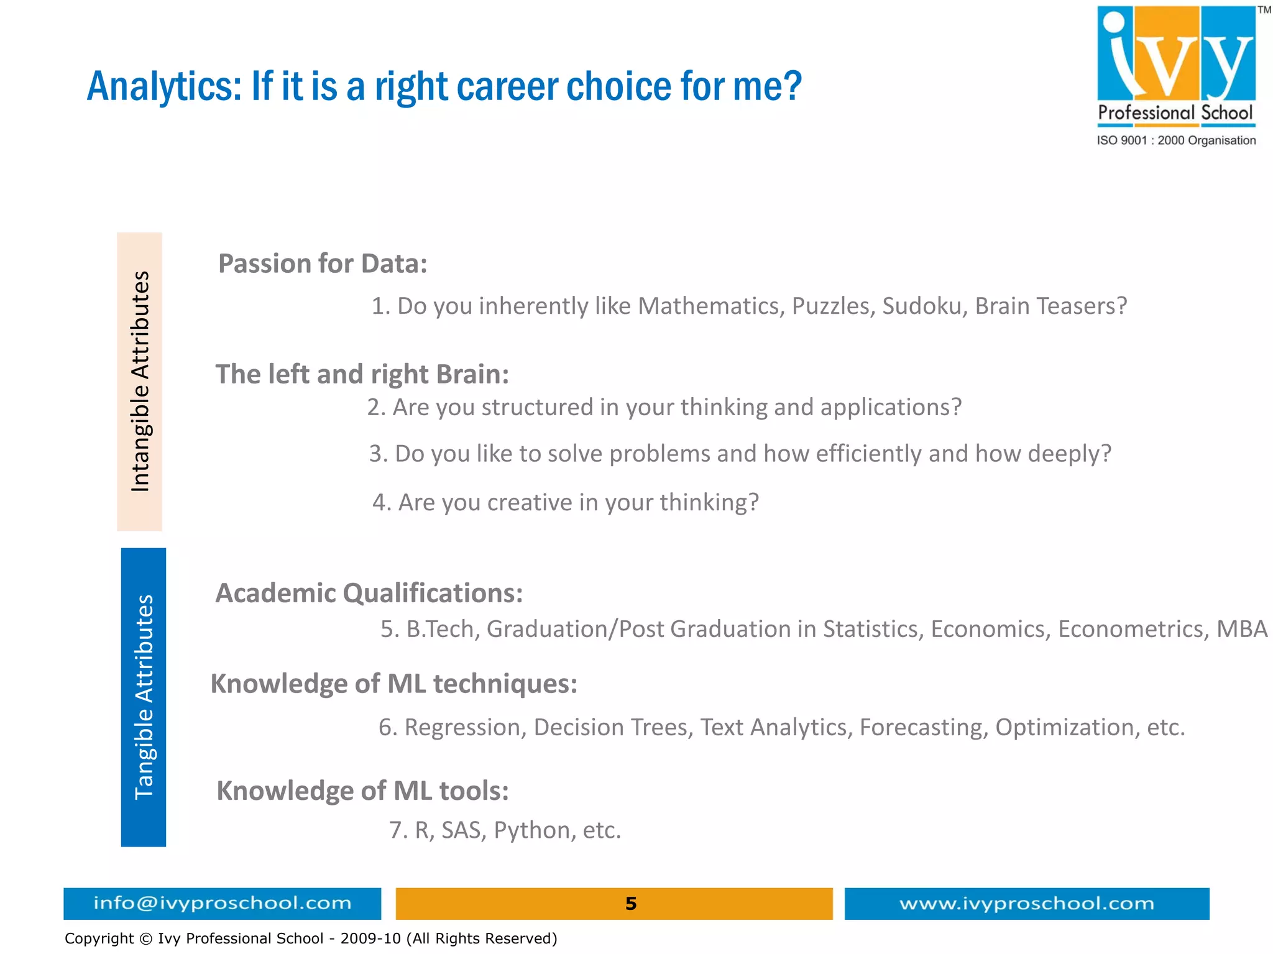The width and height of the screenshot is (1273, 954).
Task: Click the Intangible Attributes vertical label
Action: (x=140, y=382)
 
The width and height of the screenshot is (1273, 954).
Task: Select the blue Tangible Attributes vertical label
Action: (x=144, y=697)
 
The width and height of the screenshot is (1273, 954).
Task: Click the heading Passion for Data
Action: (x=323, y=264)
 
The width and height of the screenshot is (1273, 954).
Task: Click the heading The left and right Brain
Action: (x=362, y=374)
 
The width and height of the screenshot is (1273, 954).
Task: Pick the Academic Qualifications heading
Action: (x=369, y=593)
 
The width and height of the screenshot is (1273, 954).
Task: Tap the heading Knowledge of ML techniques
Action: (x=393, y=684)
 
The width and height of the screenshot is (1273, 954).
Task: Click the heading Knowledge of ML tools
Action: (x=362, y=791)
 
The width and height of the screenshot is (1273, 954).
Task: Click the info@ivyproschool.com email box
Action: (x=222, y=903)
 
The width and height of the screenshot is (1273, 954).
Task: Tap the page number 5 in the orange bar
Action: (x=630, y=904)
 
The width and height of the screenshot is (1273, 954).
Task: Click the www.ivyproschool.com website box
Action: (x=1026, y=903)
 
